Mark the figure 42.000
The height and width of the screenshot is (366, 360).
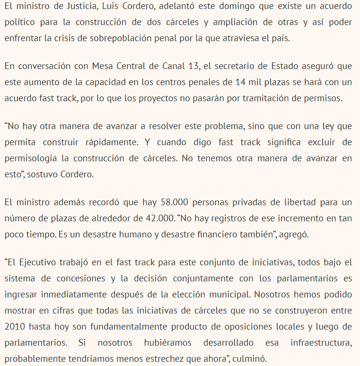tap(153, 218)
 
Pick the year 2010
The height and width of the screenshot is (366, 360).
tap(14, 326)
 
